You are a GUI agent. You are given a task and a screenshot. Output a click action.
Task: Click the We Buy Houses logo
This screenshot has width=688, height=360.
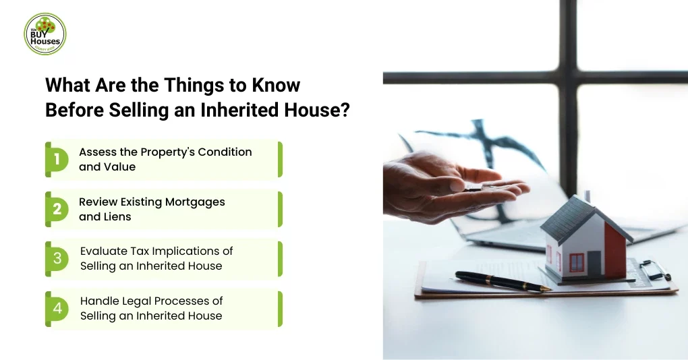point(45,34)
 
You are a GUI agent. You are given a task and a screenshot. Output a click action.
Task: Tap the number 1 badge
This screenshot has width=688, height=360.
point(57,159)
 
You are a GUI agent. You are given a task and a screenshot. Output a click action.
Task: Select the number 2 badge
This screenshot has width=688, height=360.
point(57,209)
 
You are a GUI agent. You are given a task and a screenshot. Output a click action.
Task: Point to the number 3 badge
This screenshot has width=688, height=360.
point(57,258)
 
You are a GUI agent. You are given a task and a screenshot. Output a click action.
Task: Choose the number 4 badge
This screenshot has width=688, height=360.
point(57,308)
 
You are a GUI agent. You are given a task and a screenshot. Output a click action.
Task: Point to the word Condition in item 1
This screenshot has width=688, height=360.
point(225,152)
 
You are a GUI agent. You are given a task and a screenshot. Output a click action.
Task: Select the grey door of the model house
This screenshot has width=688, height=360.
point(594,262)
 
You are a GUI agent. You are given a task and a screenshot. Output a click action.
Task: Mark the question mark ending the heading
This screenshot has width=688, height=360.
point(345,110)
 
